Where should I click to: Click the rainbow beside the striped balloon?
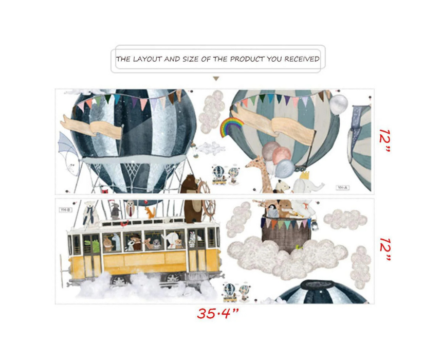[x=231, y=126]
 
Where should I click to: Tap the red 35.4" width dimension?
[x=218, y=313]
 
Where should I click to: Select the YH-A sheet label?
[x=342, y=187]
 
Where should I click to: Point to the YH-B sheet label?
[x=66, y=210]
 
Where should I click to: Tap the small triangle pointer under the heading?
[x=216, y=79]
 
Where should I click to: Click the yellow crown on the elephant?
[x=304, y=175]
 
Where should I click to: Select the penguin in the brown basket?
[x=272, y=211]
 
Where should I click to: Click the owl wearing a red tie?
[x=130, y=208]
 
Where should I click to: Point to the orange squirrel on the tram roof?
[x=150, y=212]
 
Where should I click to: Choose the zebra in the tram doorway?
[x=193, y=238]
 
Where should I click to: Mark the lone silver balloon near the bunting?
[x=339, y=104]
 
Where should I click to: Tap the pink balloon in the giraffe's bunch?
[x=282, y=155]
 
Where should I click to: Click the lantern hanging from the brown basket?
[x=315, y=225]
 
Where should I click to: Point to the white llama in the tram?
[x=116, y=242]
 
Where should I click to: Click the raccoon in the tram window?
[x=130, y=244]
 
